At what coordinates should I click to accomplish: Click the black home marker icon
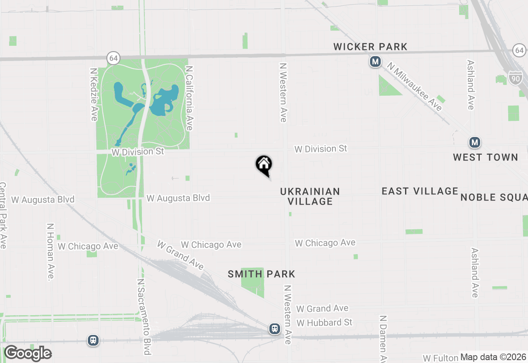(264, 165)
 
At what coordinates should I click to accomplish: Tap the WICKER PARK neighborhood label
(370, 47)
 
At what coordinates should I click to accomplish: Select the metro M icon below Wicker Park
(375, 62)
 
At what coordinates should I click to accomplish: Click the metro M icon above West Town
(475, 143)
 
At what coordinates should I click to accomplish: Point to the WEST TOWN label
(486, 157)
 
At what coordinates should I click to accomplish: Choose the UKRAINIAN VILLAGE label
(310, 196)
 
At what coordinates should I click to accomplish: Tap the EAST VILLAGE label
(420, 191)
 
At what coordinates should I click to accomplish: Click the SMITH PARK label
(262, 274)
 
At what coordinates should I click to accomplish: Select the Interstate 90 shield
(515, 77)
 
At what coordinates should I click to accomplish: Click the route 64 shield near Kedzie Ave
(114, 58)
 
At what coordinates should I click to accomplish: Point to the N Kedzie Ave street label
(94, 94)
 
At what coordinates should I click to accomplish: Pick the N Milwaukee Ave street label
(414, 87)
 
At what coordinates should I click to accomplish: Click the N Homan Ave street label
(50, 252)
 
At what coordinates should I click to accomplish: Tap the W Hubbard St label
(325, 323)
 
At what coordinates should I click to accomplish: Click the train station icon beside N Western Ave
(275, 329)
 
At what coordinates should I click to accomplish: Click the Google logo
(28, 353)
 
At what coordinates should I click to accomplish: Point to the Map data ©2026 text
(493, 357)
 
